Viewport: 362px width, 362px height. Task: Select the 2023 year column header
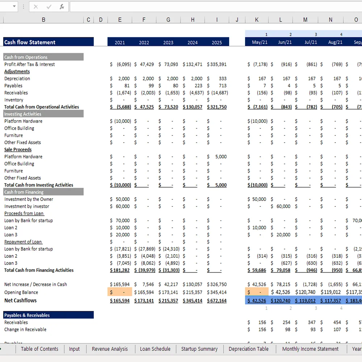tap(168, 42)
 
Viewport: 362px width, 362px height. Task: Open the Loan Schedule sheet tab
tap(155, 349)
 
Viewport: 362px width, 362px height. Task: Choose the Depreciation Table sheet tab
tap(248, 349)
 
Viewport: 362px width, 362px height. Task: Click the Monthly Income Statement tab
tap(310, 349)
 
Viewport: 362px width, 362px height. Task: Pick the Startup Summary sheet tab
tap(199, 349)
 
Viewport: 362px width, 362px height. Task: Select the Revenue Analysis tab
tap(110, 349)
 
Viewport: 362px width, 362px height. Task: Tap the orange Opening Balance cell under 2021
tap(120, 292)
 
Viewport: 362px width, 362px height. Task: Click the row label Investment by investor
tap(27, 206)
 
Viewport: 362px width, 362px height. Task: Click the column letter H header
tap(193, 20)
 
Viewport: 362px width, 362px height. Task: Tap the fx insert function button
tap(62, 7)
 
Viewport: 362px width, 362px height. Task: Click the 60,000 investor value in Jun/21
tap(283, 206)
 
